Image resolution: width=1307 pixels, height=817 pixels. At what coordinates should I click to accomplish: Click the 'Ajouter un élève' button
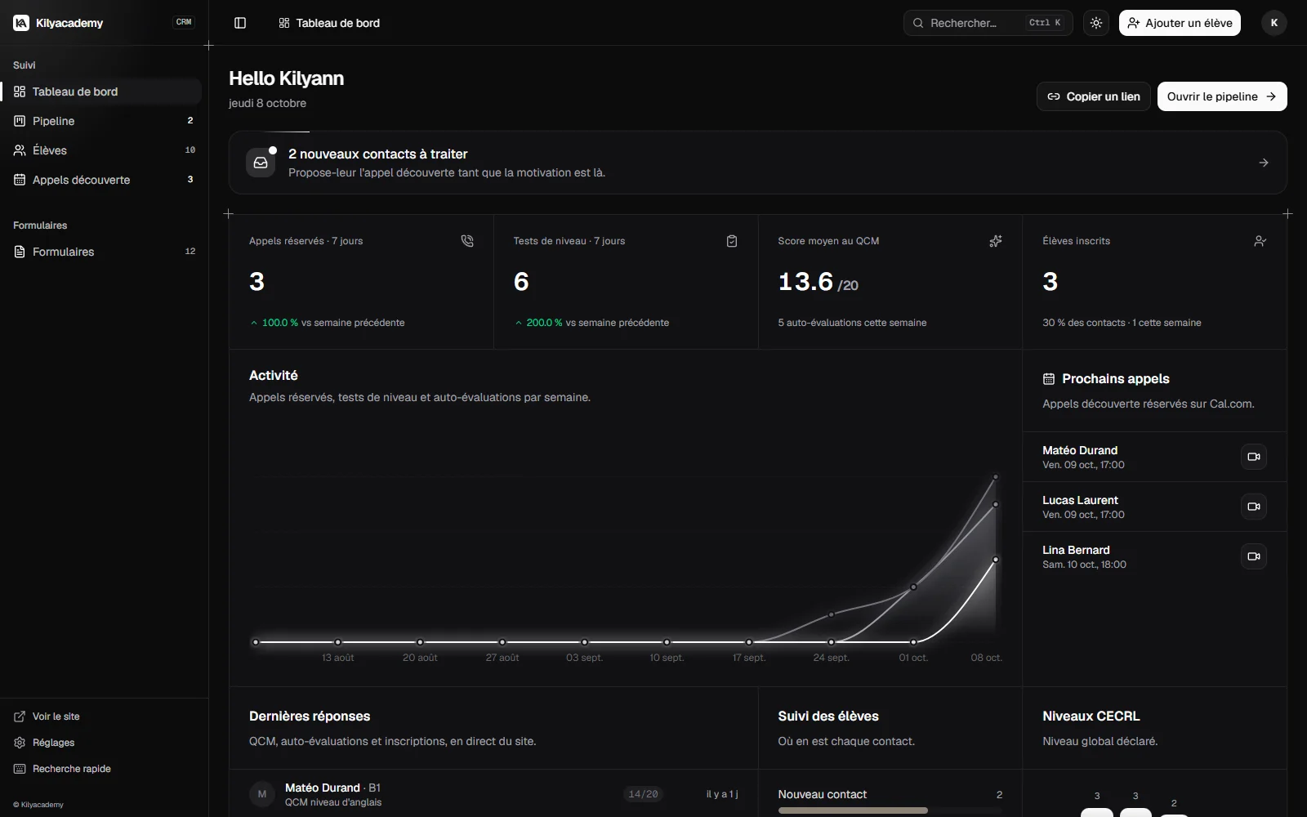(1180, 23)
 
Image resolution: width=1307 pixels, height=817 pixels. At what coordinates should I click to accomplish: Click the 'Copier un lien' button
(1094, 96)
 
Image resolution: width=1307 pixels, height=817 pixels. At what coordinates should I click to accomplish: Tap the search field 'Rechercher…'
(988, 23)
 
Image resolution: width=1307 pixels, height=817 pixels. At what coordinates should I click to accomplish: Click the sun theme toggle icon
(1095, 23)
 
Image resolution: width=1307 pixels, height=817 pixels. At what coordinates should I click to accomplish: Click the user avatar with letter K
(1274, 23)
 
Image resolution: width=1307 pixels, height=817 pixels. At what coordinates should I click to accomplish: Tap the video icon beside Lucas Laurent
(1253, 507)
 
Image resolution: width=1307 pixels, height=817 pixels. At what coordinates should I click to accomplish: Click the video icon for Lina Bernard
(1253, 556)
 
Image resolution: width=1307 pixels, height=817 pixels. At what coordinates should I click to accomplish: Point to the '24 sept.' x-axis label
(831, 657)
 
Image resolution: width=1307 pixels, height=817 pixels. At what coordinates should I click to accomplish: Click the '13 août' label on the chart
(338, 657)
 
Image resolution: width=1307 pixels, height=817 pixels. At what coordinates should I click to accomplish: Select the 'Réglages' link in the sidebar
(54, 743)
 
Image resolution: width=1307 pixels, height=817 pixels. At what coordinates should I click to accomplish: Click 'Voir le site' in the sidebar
(56, 716)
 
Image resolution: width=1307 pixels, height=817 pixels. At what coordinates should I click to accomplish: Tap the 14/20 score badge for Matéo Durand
(643, 793)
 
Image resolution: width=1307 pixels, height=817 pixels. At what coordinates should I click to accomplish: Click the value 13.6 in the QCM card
(805, 282)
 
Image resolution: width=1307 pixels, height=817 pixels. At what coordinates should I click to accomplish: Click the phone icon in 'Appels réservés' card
(467, 241)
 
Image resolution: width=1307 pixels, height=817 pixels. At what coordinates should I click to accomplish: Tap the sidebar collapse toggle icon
(240, 23)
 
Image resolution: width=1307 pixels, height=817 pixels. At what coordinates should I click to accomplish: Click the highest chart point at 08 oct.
(996, 477)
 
